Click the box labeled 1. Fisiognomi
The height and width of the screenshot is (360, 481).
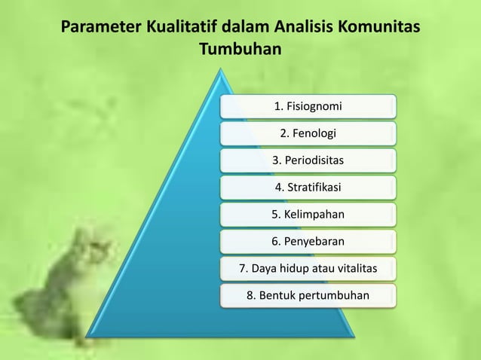(308, 106)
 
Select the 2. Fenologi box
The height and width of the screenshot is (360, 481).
(308, 133)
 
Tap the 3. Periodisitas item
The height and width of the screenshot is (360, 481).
(308, 160)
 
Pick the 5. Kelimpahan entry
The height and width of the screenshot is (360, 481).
(308, 215)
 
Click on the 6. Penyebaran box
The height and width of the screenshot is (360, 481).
(308, 242)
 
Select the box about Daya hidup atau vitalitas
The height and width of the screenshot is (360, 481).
(308, 268)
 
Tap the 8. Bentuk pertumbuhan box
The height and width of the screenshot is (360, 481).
(308, 295)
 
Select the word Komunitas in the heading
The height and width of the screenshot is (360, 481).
(379, 29)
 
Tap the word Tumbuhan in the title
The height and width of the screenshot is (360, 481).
(240, 50)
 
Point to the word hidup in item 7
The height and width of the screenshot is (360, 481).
(291, 268)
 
